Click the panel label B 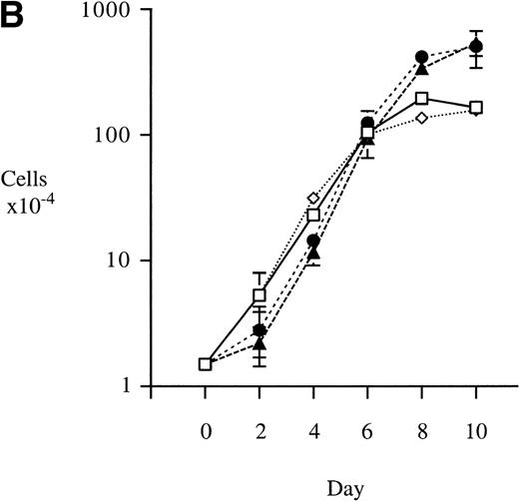tap(17, 19)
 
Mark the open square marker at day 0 tap(205, 364)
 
